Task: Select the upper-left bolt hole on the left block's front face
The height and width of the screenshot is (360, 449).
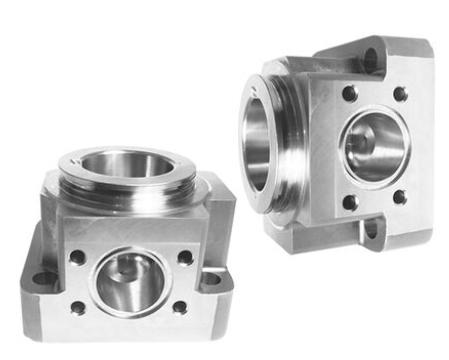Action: pyautogui.click(x=77, y=257)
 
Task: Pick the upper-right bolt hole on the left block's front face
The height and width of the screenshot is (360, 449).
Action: pyautogui.click(x=185, y=257)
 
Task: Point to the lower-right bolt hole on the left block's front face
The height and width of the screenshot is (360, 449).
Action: pyautogui.click(x=180, y=306)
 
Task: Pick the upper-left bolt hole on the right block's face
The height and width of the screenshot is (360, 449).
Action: pyautogui.click(x=349, y=94)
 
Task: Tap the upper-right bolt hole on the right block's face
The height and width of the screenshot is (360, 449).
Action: pyautogui.click(x=400, y=94)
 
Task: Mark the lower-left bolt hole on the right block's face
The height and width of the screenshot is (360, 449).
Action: pyautogui.click(x=349, y=201)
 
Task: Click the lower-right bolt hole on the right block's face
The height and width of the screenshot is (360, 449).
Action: pyautogui.click(x=399, y=197)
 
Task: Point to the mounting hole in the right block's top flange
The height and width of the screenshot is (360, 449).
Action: pyautogui.click(x=369, y=58)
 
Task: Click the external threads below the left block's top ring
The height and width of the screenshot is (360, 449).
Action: pyautogui.click(x=128, y=193)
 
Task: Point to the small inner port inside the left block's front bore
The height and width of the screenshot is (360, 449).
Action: pyautogui.click(x=122, y=270)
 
